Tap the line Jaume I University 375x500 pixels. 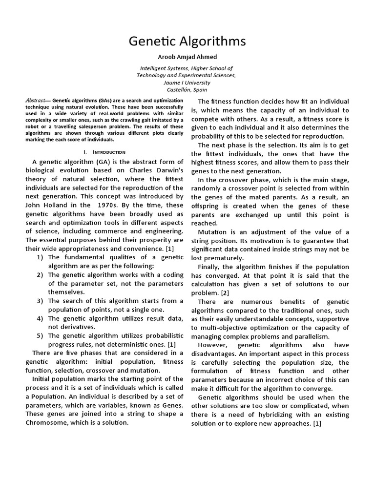click(187, 83)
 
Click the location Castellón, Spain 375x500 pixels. click(187, 90)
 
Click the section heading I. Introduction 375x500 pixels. click(104, 152)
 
